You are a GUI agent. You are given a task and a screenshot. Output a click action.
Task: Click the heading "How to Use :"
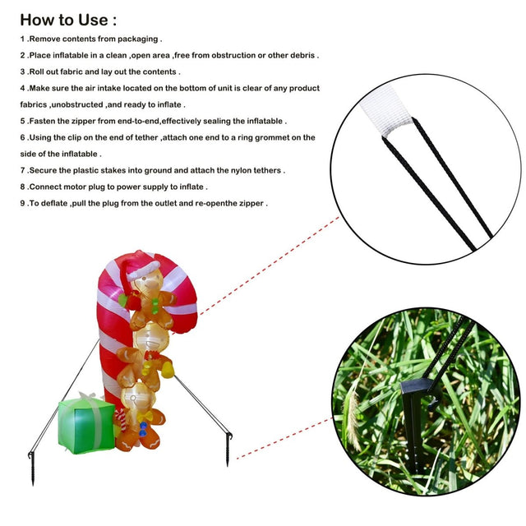click(x=68, y=20)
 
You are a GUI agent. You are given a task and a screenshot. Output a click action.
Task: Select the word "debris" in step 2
click(x=302, y=55)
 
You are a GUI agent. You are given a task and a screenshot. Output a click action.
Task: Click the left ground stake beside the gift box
click(x=32, y=468)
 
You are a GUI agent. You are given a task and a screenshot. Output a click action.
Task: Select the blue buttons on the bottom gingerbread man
click(x=144, y=430)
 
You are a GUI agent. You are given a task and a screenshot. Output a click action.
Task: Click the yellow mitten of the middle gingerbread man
click(x=168, y=371)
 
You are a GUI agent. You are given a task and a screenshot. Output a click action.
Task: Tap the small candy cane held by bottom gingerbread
click(x=121, y=419)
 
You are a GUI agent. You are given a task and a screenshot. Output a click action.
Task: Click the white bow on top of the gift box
click(x=88, y=398)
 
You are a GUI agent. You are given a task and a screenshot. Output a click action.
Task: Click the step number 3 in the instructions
click(x=22, y=72)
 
